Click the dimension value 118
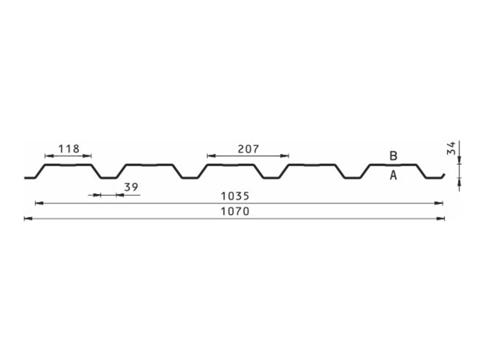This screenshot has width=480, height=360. (x=69, y=149)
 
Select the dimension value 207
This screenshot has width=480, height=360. (x=248, y=149)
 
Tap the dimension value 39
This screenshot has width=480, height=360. (x=131, y=187)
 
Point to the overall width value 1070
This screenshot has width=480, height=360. (x=235, y=211)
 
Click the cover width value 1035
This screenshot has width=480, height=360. (x=235, y=196)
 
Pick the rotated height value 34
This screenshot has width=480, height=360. (x=451, y=148)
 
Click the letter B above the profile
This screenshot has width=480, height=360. (x=393, y=156)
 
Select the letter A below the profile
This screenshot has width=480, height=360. (x=393, y=175)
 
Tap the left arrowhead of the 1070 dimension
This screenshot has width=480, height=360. (x=28, y=219)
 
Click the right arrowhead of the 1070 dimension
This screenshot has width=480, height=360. (x=441, y=219)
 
